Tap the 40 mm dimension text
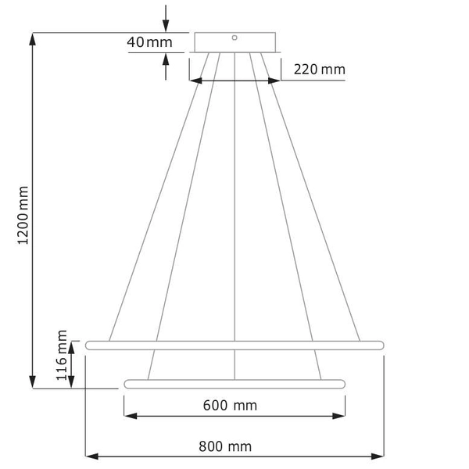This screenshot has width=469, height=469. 149,42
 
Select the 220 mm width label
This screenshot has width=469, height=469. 319,70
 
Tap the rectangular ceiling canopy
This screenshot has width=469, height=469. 234,41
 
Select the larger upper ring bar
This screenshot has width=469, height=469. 234,345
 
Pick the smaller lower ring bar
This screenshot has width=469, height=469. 234,383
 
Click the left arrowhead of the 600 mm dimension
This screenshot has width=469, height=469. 130,415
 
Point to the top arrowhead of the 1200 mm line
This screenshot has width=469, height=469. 33,41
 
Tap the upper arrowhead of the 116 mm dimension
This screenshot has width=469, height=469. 73,346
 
